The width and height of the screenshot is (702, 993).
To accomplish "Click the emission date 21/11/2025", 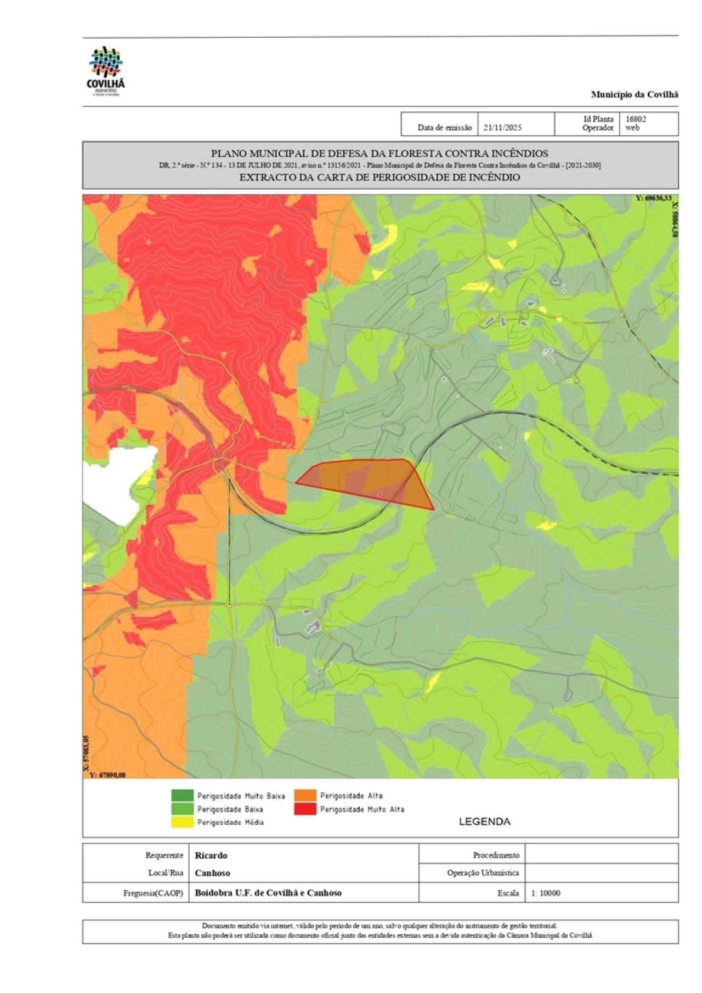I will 502,128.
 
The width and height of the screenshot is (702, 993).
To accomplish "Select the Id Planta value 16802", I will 636,119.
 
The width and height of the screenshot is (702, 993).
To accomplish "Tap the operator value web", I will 632,128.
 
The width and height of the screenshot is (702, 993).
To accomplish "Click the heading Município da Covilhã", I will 634,94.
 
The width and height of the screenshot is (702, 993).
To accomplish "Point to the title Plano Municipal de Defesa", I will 380,153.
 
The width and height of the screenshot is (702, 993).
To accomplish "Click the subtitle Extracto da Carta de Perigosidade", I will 380,177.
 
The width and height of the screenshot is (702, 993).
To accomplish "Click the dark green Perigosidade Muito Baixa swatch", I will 182,795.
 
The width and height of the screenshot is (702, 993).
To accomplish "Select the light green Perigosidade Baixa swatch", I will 182,809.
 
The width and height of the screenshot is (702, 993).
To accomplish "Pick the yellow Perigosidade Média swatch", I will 182,822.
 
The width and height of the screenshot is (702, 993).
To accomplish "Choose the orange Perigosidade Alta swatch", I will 305,795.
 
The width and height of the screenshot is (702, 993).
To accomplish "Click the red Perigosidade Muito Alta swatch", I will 305,809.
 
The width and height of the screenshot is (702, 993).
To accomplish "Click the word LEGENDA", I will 484,821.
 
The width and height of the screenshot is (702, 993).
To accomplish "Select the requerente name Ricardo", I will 211,855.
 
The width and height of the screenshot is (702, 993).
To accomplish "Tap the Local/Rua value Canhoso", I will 212,873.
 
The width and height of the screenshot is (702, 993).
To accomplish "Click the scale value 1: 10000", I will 546,893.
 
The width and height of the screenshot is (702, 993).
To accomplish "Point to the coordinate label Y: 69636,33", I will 653,198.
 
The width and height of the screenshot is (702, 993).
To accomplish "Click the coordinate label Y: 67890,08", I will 107,775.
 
